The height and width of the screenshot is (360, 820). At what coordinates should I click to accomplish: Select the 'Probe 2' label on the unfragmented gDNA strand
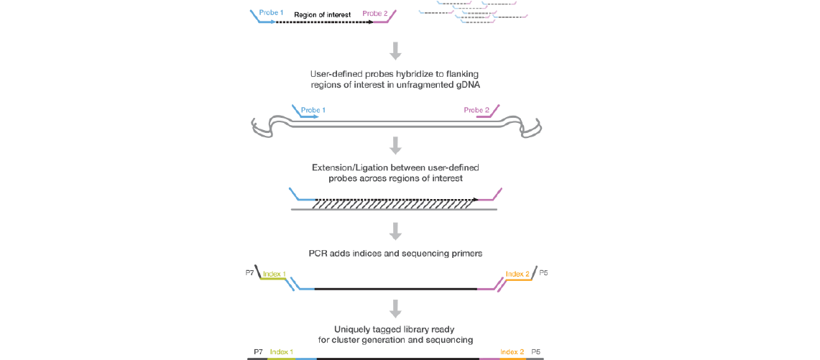point(476,110)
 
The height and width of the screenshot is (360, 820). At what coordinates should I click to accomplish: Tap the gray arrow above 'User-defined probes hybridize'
point(395,51)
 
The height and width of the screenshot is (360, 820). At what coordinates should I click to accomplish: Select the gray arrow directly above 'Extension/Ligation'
point(395,145)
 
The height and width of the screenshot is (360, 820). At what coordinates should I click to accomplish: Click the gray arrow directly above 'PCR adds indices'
point(395,231)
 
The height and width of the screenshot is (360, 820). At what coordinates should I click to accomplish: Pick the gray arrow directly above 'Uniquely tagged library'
point(395,308)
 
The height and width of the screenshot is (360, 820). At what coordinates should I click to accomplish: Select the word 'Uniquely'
point(354,329)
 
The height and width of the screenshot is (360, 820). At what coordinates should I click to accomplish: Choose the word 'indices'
point(374,254)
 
